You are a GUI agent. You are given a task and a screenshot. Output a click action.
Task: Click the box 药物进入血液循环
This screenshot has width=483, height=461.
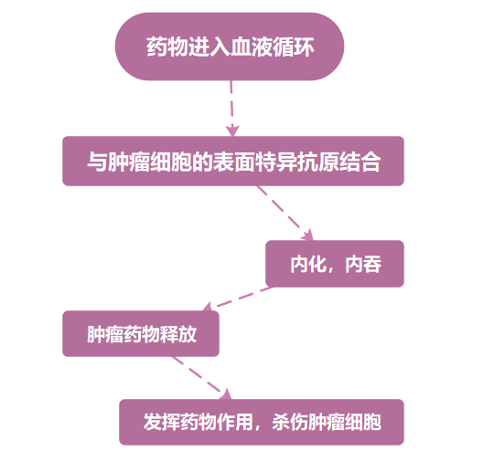(230, 47)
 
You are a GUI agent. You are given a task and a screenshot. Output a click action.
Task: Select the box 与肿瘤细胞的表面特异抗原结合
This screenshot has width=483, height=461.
(233, 161)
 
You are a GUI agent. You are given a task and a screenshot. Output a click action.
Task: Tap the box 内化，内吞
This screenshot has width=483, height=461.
(335, 264)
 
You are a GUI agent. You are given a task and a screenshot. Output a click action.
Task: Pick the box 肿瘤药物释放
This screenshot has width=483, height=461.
(141, 333)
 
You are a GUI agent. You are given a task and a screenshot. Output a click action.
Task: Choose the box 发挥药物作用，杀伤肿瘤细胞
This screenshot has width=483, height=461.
(262, 422)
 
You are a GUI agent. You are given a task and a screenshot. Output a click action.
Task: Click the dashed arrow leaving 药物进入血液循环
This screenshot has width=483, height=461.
(231, 109)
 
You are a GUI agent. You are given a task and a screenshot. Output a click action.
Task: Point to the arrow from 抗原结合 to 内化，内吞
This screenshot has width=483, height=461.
(284, 213)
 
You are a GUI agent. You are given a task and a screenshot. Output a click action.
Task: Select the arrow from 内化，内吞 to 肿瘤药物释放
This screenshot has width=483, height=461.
(238, 299)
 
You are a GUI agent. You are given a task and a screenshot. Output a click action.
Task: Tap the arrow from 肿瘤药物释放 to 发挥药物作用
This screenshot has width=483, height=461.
(201, 378)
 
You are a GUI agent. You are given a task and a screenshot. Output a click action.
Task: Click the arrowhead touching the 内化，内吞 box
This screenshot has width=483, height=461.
(308, 236)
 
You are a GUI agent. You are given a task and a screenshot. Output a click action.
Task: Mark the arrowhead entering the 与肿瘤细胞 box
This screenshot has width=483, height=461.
(232, 131)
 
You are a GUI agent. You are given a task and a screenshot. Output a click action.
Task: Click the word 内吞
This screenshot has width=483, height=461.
(363, 265)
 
